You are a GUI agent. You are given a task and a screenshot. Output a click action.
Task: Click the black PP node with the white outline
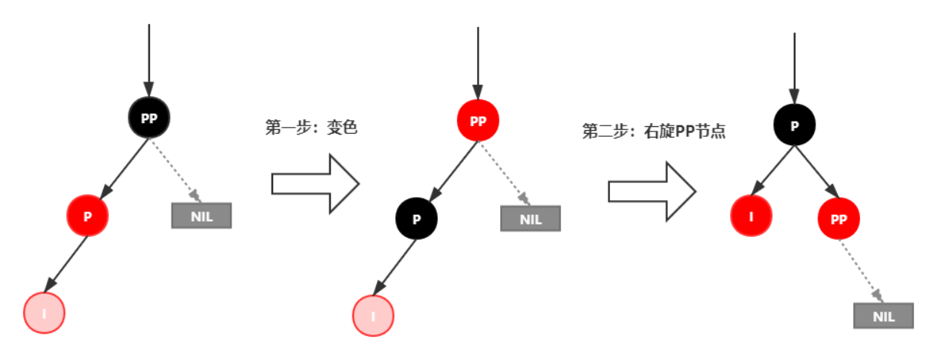[x=148, y=118]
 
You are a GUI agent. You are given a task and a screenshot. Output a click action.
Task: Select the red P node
[x=88, y=216]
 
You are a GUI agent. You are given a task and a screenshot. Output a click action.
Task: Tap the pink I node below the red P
[x=44, y=313]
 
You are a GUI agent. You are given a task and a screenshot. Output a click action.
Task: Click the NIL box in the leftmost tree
[x=202, y=216]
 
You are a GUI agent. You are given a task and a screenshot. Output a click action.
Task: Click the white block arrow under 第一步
[x=315, y=183]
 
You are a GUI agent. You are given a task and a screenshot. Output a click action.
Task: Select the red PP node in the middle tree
[x=478, y=121]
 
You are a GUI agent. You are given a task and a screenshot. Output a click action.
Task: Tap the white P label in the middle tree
[x=417, y=219]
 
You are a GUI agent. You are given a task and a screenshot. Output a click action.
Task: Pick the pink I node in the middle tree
[x=373, y=315]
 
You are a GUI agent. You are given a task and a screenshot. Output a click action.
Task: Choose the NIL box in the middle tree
[x=531, y=219]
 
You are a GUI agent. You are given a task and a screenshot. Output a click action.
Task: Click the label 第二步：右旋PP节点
[x=654, y=132]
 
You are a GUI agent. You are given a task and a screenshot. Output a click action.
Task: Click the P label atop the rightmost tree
[x=795, y=126]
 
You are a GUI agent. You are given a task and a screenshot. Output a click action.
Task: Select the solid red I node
[x=751, y=217]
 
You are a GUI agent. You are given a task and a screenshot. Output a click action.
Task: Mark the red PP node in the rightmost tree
[x=839, y=219]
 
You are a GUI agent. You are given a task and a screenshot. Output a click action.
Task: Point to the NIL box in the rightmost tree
[x=884, y=316]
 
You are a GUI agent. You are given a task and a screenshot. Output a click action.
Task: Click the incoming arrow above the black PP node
[x=148, y=62]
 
